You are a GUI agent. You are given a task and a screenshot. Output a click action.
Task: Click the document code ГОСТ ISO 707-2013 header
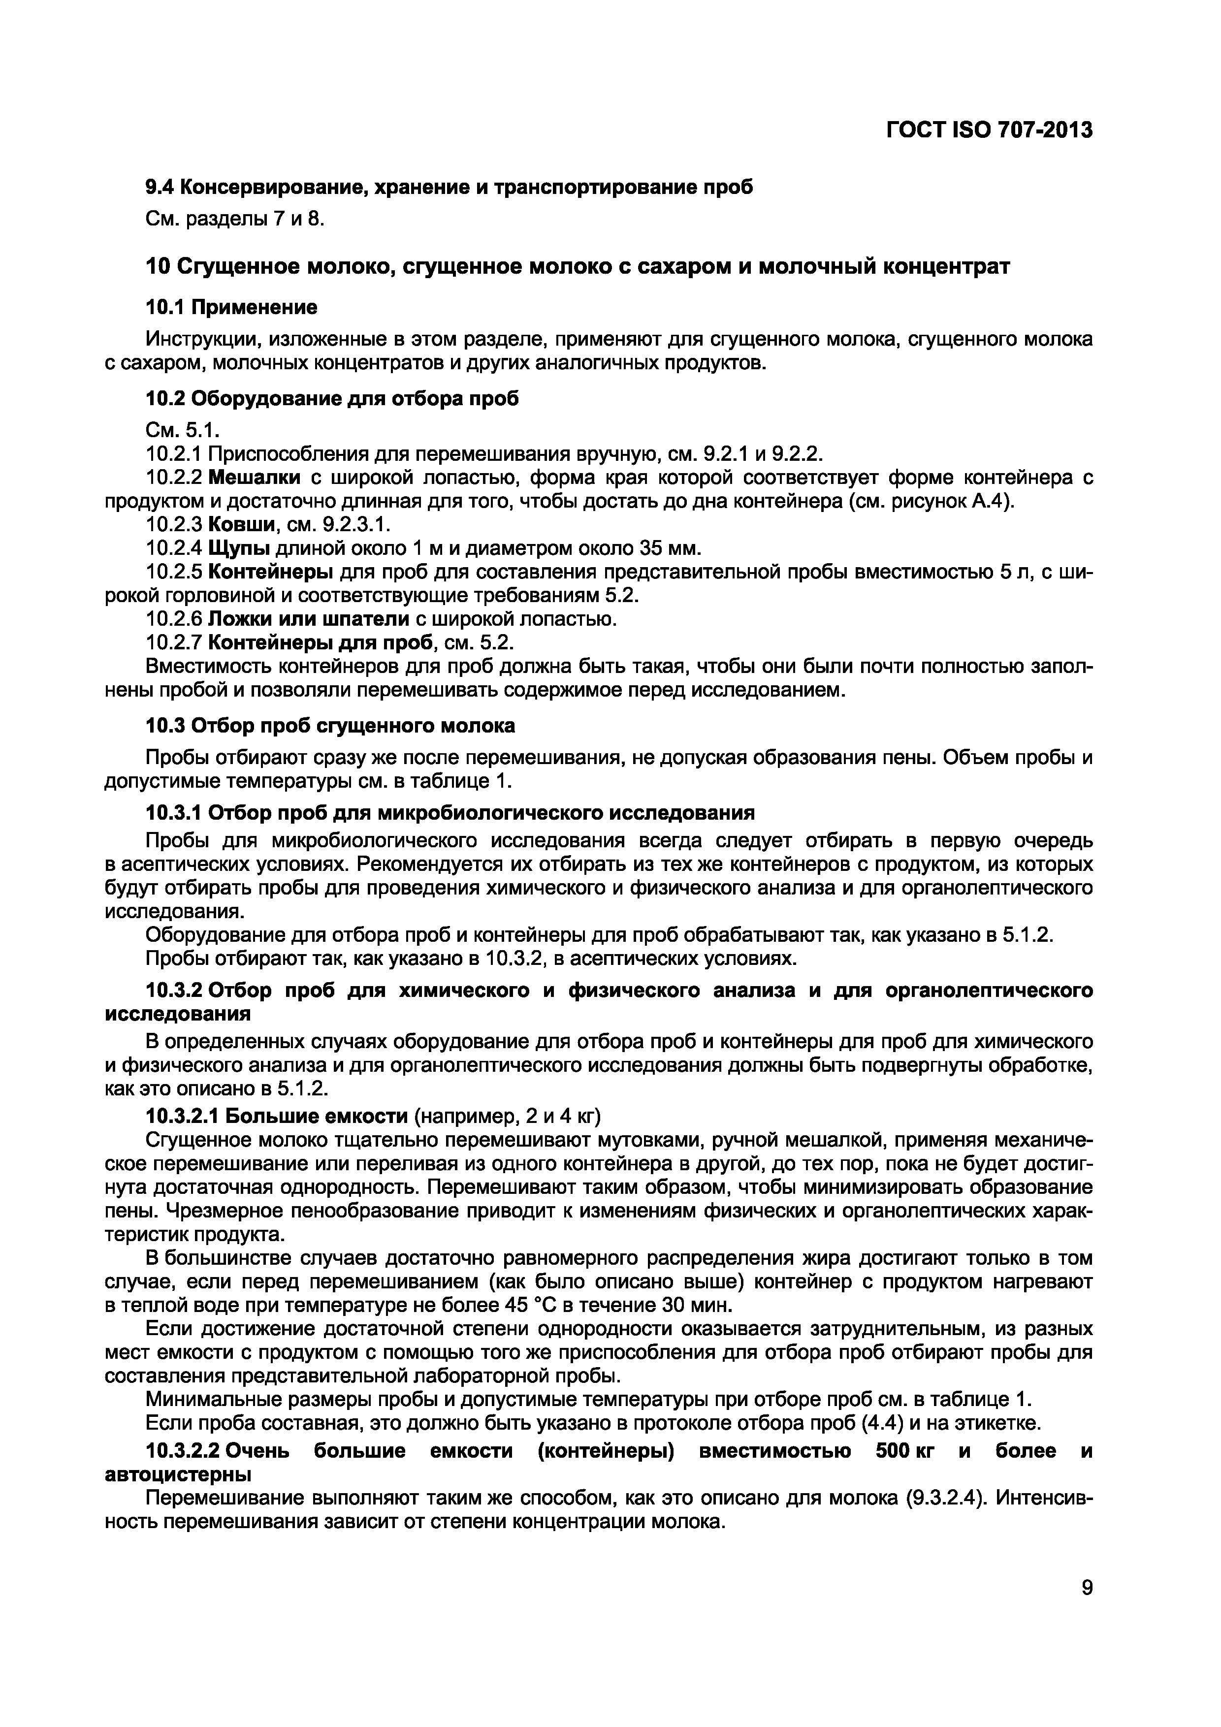[x=989, y=130]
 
